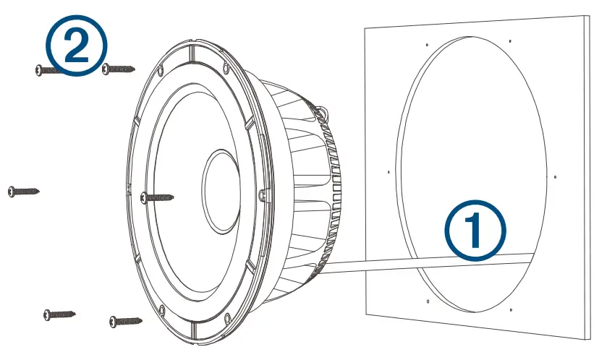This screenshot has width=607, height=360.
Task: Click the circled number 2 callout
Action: [77, 46]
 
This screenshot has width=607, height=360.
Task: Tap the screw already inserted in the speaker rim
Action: [158, 196]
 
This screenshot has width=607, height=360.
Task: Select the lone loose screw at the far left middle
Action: [23, 191]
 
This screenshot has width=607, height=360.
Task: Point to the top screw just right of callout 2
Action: [119, 69]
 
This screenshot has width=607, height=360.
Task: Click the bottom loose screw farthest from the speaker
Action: [59, 314]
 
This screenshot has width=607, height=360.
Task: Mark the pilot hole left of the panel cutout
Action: [389, 172]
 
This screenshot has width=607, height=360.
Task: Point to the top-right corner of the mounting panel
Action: [582, 16]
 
